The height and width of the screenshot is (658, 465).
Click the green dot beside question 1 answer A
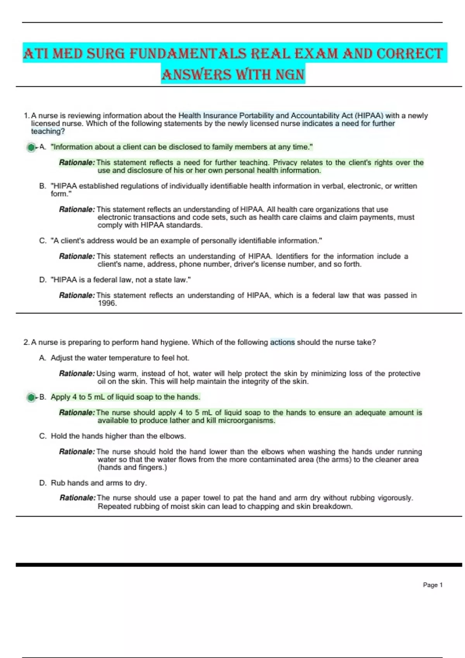coord(31,147)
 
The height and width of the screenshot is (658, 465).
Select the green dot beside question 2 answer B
coord(31,397)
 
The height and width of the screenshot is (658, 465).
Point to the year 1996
coord(107,303)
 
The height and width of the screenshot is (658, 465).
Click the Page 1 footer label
coord(432,585)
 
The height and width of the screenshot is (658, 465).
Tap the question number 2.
coord(26,342)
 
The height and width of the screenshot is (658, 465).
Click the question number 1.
coord(26,115)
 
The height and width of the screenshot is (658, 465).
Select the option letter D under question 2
coord(42,483)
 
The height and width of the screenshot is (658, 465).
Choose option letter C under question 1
coord(42,240)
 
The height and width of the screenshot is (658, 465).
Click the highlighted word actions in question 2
coord(282,342)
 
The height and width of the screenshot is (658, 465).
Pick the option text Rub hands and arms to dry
coord(99,483)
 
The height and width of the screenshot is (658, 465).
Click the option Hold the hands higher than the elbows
coord(118,436)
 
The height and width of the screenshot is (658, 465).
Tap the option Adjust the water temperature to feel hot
coord(120,358)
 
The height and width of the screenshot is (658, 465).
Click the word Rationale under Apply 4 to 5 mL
coord(77,413)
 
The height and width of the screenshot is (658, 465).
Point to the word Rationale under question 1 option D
coord(77,295)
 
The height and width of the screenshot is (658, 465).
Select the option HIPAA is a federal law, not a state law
coord(121,279)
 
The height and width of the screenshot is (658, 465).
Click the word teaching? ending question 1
coord(48,131)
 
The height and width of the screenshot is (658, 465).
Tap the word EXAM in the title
coord(316,53)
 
